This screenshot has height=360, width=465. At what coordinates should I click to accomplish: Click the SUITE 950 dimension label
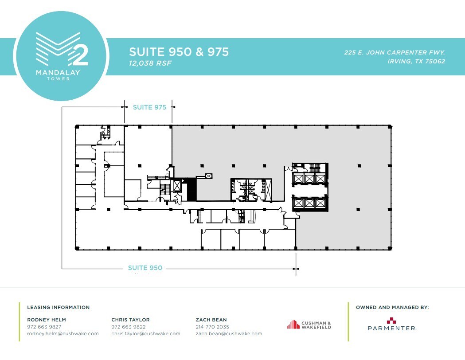(145, 268)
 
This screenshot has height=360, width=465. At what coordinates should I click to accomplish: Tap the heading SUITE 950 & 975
(179, 52)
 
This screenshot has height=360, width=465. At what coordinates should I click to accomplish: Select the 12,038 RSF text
(150, 63)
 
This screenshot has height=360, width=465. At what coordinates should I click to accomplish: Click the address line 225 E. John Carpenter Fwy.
(394, 52)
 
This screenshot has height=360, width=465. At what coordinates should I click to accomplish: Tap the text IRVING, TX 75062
(416, 62)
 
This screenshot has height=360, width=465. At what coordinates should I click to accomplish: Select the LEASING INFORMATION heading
(58, 307)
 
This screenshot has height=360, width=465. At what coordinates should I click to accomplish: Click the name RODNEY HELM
(46, 320)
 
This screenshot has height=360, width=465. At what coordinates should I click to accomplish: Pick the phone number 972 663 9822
(128, 327)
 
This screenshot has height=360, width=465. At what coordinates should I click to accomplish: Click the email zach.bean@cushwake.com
(229, 333)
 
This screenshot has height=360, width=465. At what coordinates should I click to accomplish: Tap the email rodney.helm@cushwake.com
(63, 333)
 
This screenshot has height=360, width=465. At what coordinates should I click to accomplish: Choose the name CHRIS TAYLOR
(130, 320)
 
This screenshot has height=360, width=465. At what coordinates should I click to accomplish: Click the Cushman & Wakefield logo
(309, 325)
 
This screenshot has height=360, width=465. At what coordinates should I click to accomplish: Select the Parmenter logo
(391, 325)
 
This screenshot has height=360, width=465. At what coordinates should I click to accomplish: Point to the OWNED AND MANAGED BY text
(392, 307)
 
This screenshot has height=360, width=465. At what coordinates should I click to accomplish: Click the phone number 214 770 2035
(212, 327)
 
